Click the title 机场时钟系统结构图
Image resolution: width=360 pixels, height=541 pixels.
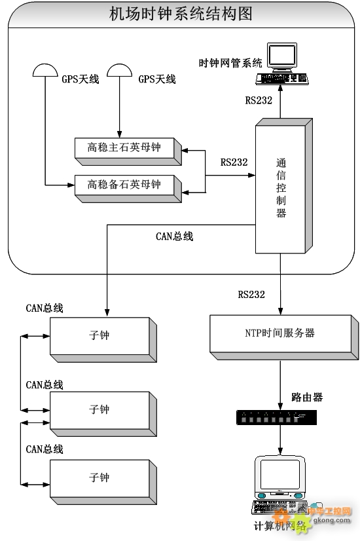181,14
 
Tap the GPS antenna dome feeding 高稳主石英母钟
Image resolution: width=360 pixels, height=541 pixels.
118,70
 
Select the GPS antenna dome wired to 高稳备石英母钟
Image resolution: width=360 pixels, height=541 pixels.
45,70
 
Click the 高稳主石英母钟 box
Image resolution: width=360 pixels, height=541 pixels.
124,148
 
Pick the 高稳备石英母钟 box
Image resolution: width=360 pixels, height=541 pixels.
124,185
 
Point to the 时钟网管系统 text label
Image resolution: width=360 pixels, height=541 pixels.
230,63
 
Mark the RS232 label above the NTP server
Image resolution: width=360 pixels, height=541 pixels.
251,295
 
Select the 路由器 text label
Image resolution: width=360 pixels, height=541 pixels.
307,397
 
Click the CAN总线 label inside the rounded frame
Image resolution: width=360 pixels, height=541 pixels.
174,236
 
